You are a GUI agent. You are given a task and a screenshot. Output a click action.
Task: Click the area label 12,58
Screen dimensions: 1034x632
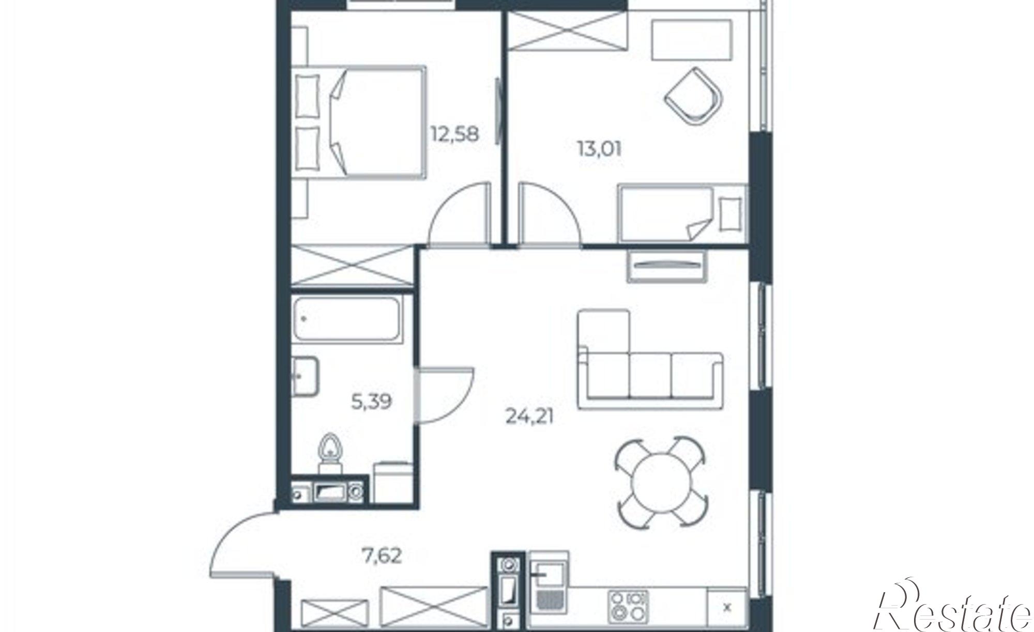455,134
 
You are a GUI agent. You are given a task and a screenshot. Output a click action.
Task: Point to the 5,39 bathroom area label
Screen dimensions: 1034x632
371,402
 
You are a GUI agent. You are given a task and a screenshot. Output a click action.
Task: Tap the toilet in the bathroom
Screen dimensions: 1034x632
330,452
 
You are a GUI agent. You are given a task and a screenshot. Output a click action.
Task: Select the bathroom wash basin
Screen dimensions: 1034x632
305,376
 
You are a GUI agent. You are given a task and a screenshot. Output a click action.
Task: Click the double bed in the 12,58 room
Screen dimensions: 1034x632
359,122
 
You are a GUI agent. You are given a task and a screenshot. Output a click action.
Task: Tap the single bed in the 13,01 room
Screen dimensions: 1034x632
682,213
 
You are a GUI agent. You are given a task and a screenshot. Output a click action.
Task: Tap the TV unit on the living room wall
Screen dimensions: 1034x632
667,266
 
